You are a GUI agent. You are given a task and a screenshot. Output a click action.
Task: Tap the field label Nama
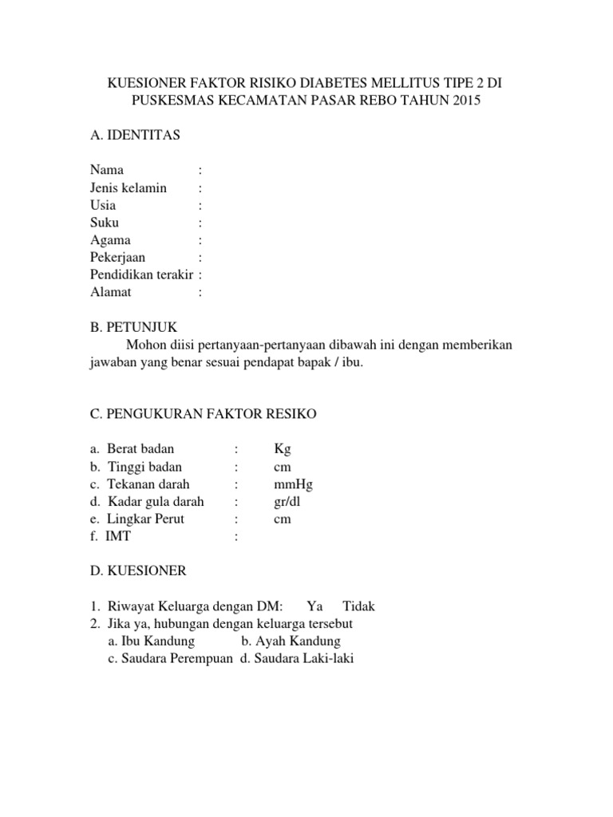pos(107,170)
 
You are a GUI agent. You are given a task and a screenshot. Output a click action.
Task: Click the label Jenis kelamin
pos(129,187)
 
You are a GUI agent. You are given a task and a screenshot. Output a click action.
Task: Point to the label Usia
pos(103,205)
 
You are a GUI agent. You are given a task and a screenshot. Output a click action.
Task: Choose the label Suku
pos(105,223)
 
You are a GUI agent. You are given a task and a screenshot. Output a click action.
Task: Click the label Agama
pos(111,240)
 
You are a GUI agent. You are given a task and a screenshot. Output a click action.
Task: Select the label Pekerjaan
pos(118,258)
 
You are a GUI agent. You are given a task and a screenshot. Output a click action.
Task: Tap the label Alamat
pos(110,293)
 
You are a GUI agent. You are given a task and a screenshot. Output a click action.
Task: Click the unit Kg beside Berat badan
pos(283,449)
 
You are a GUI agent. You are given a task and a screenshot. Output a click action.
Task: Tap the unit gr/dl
pos(287,502)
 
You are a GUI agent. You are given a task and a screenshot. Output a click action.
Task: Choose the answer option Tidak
pos(358,606)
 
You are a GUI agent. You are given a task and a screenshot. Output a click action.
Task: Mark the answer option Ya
pos(314,606)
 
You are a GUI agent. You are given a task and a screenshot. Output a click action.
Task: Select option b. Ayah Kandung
pos(291,641)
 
